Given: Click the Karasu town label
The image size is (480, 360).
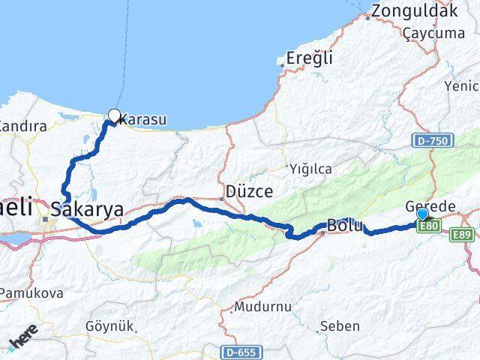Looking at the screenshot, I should click(142, 118).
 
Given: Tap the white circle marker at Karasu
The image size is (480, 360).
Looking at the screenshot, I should click(114, 115).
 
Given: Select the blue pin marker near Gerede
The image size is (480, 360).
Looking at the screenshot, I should click(421, 214).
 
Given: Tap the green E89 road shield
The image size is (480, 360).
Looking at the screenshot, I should click(463, 235).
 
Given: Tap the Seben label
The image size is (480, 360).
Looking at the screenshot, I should click(340, 326).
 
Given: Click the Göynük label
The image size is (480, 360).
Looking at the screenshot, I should click(109, 326).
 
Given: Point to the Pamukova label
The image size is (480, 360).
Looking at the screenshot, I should click(31, 292).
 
